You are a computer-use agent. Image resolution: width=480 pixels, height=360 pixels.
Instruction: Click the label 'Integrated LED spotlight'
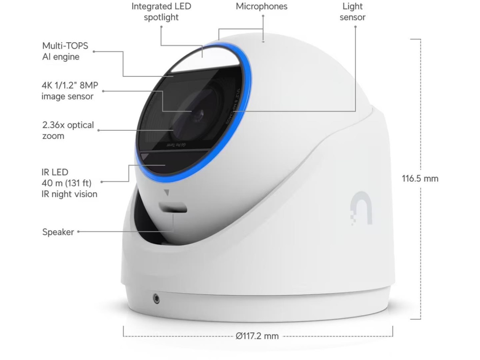click(161, 12)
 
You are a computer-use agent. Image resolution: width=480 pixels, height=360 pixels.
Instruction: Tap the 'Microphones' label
click(262, 7)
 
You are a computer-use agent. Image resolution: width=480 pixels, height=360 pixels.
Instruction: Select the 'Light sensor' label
click(352, 12)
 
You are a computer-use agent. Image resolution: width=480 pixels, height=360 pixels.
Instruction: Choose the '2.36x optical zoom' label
click(68, 130)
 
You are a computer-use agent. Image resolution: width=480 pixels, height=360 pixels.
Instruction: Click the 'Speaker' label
click(58, 232)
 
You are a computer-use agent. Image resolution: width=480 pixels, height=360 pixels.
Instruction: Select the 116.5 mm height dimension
click(420, 179)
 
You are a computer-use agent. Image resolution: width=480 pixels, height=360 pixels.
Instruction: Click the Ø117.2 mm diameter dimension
click(257, 336)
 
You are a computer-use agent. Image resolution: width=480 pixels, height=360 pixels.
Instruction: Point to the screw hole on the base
click(156, 298)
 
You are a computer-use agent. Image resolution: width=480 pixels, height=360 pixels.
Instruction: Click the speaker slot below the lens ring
click(173, 207)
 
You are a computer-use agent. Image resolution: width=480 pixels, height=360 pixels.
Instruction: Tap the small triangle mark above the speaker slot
click(166, 192)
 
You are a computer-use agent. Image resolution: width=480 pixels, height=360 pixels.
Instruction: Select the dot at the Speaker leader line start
click(78, 232)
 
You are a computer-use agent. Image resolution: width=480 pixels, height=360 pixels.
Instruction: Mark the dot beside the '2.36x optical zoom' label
click(99, 131)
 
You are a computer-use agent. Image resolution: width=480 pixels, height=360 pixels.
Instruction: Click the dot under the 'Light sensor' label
click(355, 27)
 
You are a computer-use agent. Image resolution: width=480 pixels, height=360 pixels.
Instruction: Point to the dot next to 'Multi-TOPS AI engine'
click(94, 52)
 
